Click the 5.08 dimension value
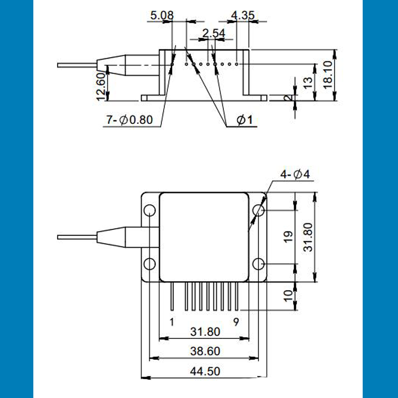pyautogui.click(x=162, y=15)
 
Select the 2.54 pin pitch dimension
pyautogui.click(x=214, y=34)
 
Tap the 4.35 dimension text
pyautogui.click(x=243, y=15)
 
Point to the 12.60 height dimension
pyautogui.click(x=100, y=86)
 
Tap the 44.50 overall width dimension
pyautogui.click(x=204, y=371)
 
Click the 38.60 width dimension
pyautogui.click(x=204, y=351)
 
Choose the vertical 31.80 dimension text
pyautogui.click(x=308, y=237)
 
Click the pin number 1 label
pyautogui.click(x=172, y=322)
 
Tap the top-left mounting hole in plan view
pyautogui.click(x=150, y=211)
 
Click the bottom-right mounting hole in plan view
pyautogui.click(x=258, y=263)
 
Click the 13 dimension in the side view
pyautogui.click(x=308, y=81)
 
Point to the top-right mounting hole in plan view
pyautogui.click(x=258, y=211)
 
